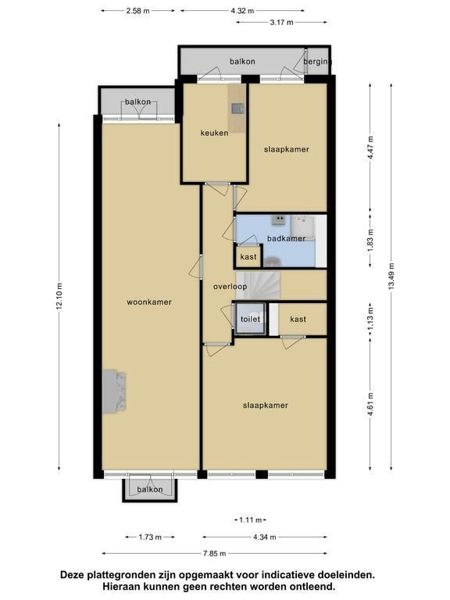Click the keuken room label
[214, 133]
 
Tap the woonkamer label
[149, 302]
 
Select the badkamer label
[286, 238]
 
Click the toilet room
[250, 319]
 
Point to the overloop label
[230, 286]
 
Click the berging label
[317, 62]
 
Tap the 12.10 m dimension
[59, 297]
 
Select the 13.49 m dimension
[391, 277]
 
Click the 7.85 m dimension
[215, 553]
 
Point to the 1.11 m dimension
[250, 520]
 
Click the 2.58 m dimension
[137, 11]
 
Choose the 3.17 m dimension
[281, 22]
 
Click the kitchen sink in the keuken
[237, 109]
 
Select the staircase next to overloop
[259, 284]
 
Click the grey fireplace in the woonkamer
[114, 391]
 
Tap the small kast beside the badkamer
[248, 257]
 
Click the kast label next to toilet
[298, 319]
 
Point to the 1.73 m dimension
[150, 537]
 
